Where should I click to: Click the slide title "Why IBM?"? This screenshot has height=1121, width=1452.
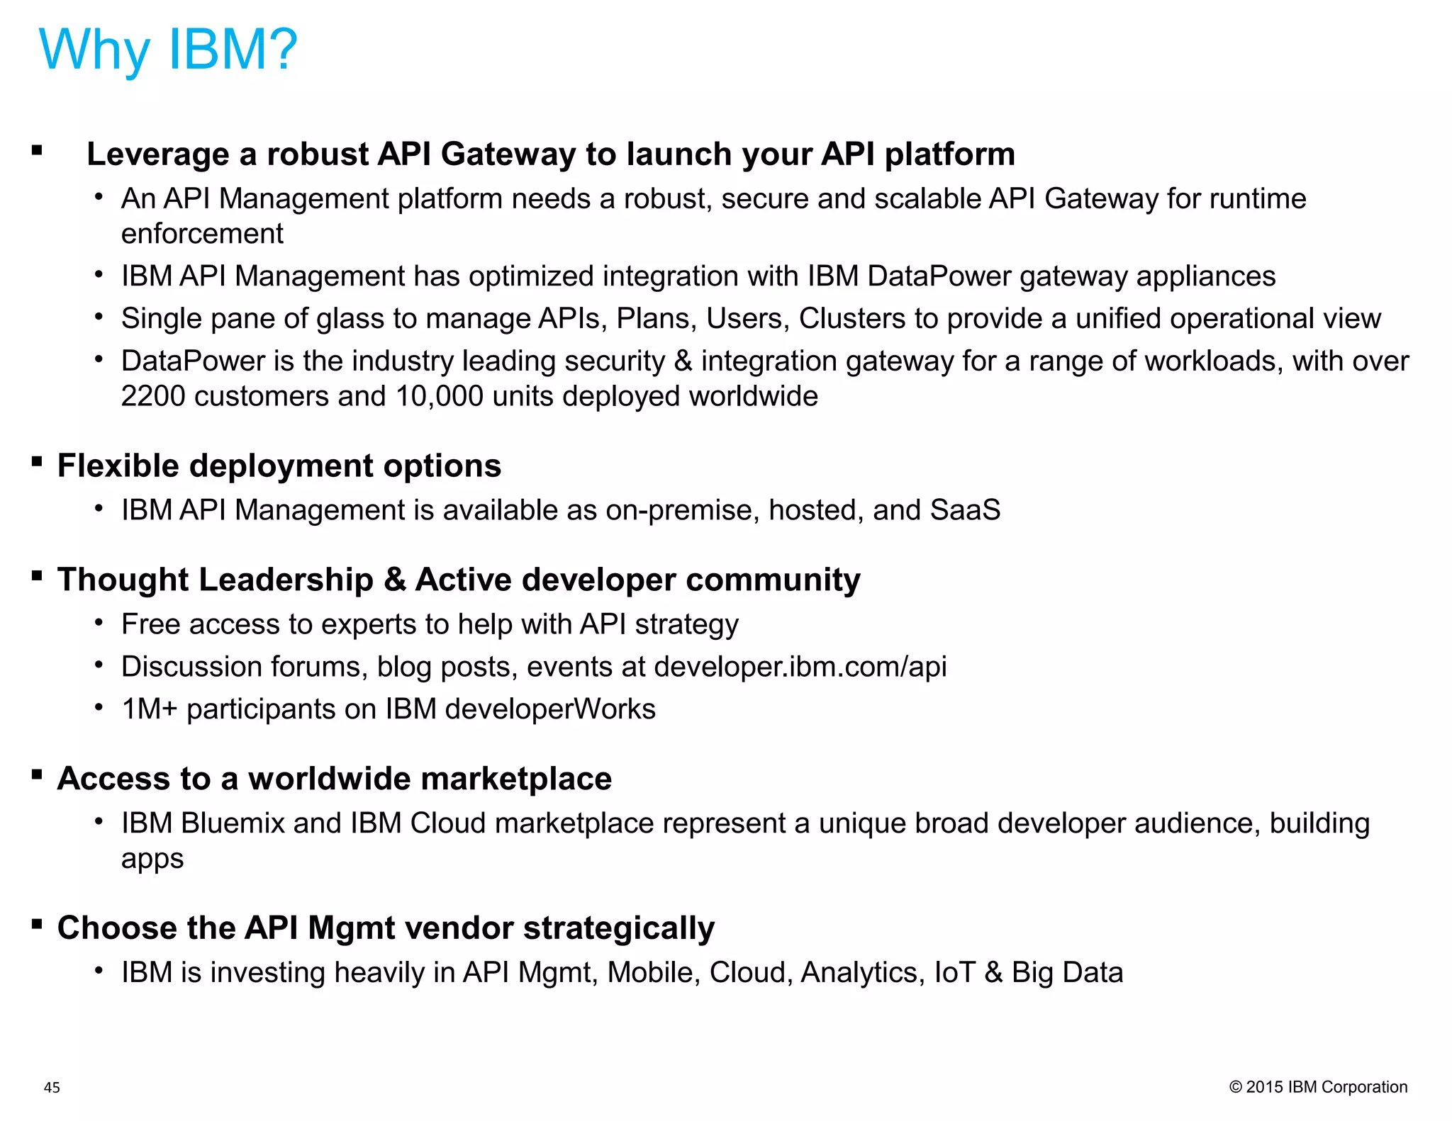click(168, 50)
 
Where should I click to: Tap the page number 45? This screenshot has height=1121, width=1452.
click(52, 1088)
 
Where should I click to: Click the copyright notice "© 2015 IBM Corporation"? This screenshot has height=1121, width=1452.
click(1318, 1087)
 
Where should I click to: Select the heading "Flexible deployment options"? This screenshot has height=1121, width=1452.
click(279, 466)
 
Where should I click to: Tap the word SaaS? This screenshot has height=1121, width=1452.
click(965, 510)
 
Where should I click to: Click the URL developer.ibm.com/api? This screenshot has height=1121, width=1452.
click(800, 667)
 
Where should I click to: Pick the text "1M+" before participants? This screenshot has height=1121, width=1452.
click(150, 709)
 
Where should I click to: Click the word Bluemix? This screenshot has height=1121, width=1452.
click(233, 823)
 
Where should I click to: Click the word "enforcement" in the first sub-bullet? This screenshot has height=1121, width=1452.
click(202, 234)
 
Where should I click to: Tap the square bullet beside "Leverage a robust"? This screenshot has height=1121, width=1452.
click(38, 150)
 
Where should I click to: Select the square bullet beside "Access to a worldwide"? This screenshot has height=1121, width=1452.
click(38, 774)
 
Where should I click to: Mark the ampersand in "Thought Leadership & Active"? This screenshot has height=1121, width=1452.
click(394, 580)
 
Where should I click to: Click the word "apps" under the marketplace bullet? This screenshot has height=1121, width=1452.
click(152, 859)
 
